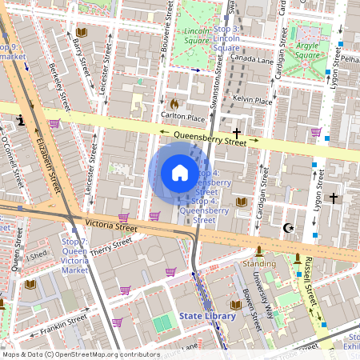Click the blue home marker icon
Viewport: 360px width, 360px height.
[180, 173]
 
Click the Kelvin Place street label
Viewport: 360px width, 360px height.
[252, 101]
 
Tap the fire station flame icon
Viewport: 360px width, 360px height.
[174, 103]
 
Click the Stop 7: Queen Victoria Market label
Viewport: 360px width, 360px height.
[74, 255]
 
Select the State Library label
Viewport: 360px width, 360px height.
[207, 316]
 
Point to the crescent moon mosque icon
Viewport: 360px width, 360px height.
[288, 228]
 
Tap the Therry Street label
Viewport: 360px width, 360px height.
[110, 250]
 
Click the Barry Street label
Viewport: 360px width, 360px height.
[78, 56]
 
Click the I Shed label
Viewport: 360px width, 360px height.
[37, 257]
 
